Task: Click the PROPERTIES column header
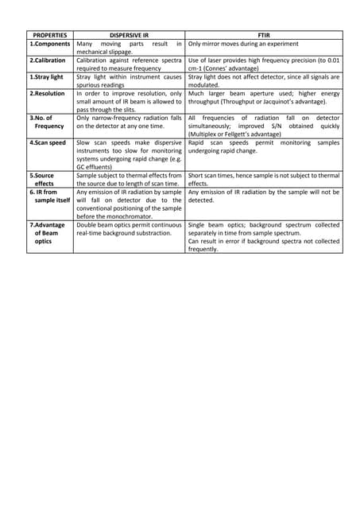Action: [49, 35]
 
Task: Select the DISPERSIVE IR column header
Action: [129, 35]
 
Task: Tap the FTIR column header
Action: [264, 35]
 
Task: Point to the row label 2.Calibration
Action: [48, 60]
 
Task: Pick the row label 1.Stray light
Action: [46, 77]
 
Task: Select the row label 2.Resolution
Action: [47, 94]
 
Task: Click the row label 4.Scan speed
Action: [48, 143]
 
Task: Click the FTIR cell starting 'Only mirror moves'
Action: [264, 44]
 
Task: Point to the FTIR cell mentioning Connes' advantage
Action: [264, 64]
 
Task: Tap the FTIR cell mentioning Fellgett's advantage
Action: [264, 126]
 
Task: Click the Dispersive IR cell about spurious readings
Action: [129, 81]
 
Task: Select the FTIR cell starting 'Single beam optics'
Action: [264, 236]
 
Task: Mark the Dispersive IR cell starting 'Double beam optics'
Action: [129, 228]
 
